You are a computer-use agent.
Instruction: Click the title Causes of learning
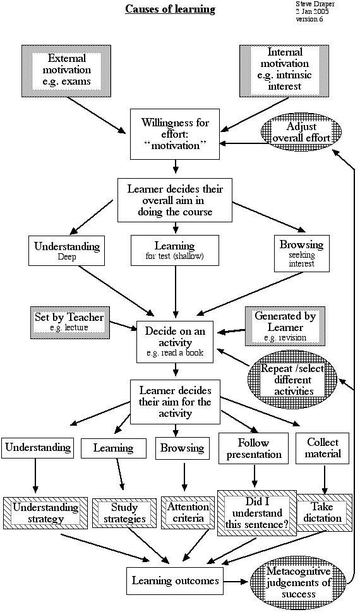point(170,9)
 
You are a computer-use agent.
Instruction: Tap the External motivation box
point(66,70)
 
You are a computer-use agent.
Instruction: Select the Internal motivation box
point(285,70)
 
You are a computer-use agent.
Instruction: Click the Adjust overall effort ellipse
point(301,133)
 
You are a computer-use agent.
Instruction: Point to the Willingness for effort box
point(176,134)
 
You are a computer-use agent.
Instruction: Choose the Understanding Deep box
point(67,250)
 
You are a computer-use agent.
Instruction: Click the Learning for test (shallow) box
point(175,250)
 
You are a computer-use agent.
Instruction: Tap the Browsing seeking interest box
point(301,253)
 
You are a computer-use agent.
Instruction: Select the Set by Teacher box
point(69,321)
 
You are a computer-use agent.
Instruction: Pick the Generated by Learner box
point(285,326)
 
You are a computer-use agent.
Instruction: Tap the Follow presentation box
point(254,448)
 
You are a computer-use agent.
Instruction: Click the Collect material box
point(323,448)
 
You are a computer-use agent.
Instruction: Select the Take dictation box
point(323,512)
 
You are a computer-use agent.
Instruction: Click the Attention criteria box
point(188,512)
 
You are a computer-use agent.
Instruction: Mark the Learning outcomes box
point(175,581)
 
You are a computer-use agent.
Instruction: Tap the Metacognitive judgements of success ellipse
point(299,583)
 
